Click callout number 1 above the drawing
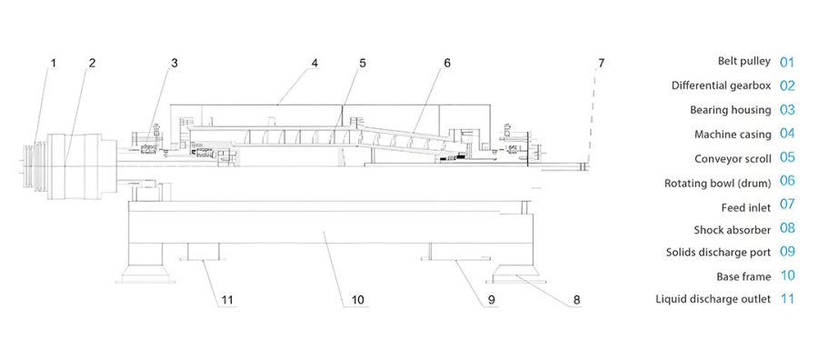(53, 63)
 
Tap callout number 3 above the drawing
(175, 63)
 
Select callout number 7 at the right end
(600, 63)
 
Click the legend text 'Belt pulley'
(743, 61)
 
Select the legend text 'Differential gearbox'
(721, 85)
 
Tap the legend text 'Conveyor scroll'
(732, 157)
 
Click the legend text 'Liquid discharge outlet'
(713, 298)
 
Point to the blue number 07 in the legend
(787, 205)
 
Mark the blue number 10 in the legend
(787, 275)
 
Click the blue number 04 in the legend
(787, 134)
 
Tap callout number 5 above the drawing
(362, 63)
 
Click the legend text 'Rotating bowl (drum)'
(718, 183)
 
